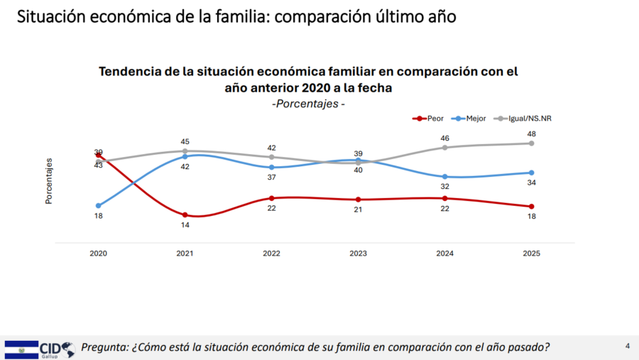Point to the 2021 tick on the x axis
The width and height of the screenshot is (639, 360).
point(185,253)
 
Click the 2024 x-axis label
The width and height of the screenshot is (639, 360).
point(445,253)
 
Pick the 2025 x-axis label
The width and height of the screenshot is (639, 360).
point(531,253)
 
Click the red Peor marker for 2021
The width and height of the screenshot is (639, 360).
point(185,214)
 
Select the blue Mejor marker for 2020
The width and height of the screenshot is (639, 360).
point(99,206)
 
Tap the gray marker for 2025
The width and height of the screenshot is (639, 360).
point(531,143)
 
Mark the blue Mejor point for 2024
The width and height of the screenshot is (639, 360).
point(445,176)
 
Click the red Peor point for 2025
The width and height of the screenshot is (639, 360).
point(531,207)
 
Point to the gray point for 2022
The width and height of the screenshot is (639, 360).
point(271,157)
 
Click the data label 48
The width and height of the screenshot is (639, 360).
point(531,133)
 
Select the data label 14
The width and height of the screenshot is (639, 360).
point(185,224)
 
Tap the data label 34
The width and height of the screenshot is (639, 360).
point(531,182)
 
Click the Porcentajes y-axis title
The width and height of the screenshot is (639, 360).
point(49,181)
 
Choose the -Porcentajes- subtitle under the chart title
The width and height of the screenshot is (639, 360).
point(309,104)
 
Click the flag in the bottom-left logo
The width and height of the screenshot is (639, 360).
point(21,349)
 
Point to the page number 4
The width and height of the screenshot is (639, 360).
point(628,346)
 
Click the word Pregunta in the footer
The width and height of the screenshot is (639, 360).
point(104,347)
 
